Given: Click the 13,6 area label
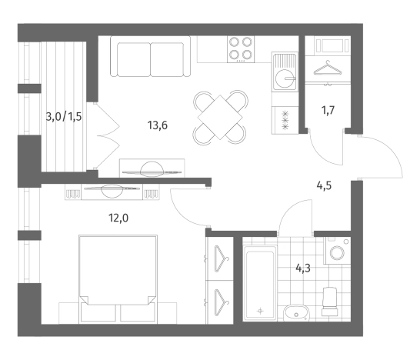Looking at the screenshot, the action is click(158, 125).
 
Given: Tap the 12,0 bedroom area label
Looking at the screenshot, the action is click(118, 218).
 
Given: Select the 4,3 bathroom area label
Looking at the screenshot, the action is click(303, 268).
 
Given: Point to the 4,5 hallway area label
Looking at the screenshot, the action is click(324, 185).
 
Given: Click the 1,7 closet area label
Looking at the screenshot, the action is click(328, 110).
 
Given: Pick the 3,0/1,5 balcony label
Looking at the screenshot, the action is click(64, 117).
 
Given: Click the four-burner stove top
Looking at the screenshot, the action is click(241, 49).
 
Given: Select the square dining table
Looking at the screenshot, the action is click(220, 118).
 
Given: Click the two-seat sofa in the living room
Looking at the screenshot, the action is click(151, 56).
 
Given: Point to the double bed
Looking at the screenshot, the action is click(118, 278).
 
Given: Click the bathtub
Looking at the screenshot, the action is click(260, 283).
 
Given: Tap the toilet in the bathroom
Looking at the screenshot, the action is click(330, 302).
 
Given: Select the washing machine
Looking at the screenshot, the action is click(337, 251).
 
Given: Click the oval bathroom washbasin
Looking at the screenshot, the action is click(296, 312).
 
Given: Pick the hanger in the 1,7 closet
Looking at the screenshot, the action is click(328, 68).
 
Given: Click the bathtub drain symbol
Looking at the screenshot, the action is click(260, 311).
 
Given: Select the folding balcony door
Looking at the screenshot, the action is click(107, 136).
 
